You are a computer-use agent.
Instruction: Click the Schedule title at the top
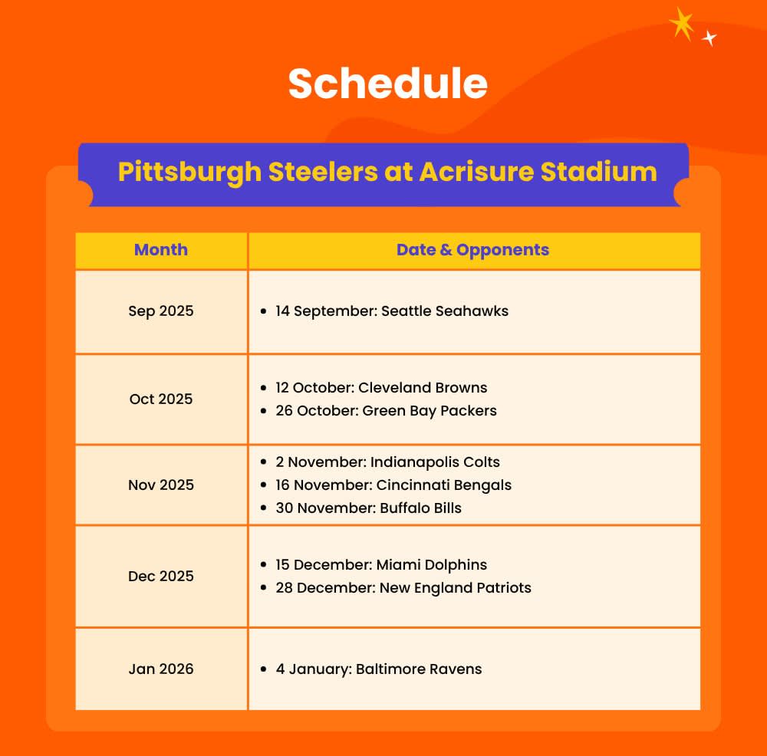pos(388,84)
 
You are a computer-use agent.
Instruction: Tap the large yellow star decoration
pos(682,24)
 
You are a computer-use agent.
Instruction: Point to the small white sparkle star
pos(709,38)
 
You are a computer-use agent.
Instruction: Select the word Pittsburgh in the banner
pos(189,173)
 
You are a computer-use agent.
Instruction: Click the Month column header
pos(161,250)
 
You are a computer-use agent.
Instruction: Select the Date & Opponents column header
pos(472,250)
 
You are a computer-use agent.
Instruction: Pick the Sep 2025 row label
pos(161,311)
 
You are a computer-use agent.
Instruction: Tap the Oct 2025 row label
pos(161,399)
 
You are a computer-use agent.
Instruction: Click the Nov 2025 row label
pos(161,485)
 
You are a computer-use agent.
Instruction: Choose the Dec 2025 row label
pos(161,576)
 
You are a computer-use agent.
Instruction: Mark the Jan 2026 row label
pos(161,669)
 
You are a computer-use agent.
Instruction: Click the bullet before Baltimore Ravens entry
pos(264,669)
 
